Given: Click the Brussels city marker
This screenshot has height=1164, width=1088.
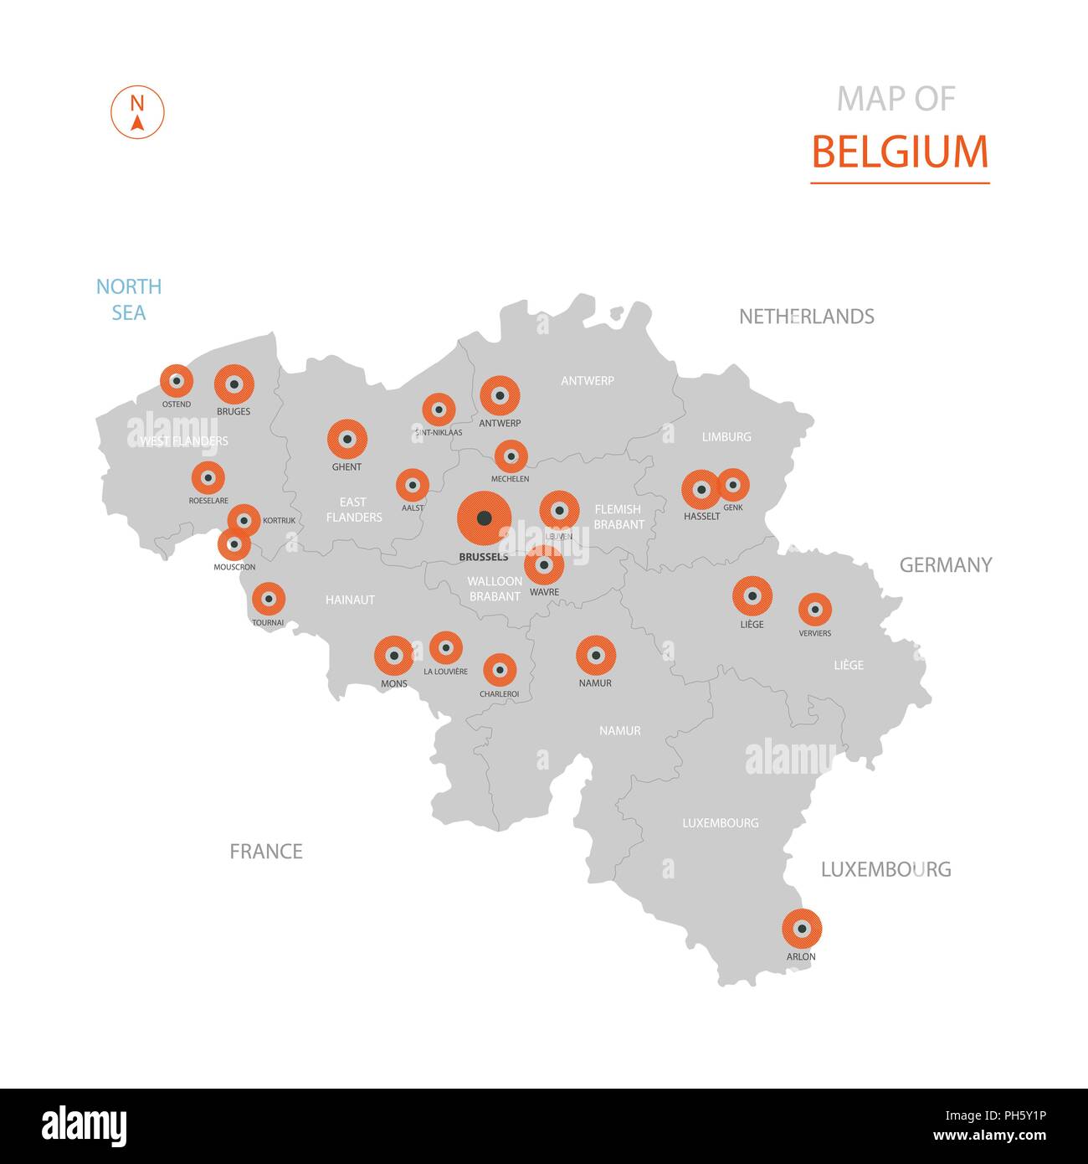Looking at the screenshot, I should [x=484, y=519].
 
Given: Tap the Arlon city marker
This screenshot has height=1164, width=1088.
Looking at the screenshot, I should [x=802, y=928].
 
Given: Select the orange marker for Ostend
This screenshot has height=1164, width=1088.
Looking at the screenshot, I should [x=176, y=381].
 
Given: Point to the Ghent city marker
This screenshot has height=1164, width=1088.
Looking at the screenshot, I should [x=346, y=439].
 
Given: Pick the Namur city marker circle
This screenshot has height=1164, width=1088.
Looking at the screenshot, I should [x=596, y=655].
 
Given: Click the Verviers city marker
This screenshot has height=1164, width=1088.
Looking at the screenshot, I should [x=814, y=610].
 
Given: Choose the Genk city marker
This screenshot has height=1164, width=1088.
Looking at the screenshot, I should [x=733, y=485].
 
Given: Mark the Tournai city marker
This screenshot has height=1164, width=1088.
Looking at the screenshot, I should [x=268, y=600].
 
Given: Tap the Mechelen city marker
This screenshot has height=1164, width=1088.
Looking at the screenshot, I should [x=511, y=456].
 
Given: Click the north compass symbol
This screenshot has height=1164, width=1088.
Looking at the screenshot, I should [x=137, y=112].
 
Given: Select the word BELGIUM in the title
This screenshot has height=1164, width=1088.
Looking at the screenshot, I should [x=900, y=152].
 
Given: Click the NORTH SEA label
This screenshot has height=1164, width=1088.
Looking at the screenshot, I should [x=129, y=300].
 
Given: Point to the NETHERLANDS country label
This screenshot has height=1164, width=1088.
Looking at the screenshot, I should [x=806, y=317].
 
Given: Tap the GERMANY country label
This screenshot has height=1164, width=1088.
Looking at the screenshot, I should [x=946, y=565].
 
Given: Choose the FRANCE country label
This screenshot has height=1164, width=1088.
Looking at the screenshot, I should [x=266, y=852].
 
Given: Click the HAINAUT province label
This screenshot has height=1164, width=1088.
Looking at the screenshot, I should [x=350, y=600].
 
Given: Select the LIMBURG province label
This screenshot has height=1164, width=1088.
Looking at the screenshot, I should [x=726, y=437].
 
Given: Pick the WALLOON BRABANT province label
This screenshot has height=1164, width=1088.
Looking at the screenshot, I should [x=495, y=589].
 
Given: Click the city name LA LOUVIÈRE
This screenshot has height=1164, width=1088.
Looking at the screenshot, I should [x=445, y=672].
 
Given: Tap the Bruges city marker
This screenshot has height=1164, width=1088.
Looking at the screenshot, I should [x=234, y=384].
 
